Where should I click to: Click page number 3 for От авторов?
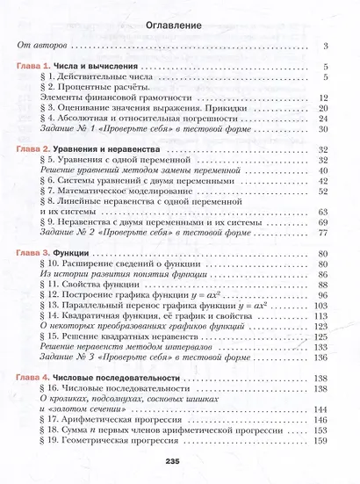click(325, 47)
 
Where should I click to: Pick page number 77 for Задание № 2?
click(322, 232)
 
